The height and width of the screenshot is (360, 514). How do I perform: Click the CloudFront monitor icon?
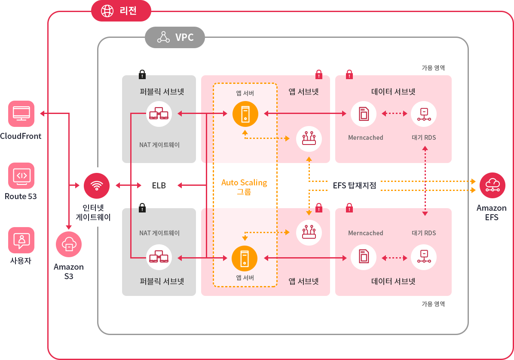(x=21, y=114)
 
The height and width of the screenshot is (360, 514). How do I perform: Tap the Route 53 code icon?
(x=21, y=175)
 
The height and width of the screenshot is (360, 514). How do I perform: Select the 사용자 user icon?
(x=21, y=240)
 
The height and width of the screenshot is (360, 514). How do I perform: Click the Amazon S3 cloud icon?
(x=69, y=244)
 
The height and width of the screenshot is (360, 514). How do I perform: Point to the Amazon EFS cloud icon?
(x=492, y=185)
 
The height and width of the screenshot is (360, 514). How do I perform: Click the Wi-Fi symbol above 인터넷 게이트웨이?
(x=97, y=185)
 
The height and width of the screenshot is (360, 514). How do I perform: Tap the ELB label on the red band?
(x=159, y=186)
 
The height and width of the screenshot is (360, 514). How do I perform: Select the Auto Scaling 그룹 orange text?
(x=244, y=187)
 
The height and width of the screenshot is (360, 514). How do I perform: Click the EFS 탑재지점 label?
(x=355, y=186)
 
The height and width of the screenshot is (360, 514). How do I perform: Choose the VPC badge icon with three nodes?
(x=163, y=37)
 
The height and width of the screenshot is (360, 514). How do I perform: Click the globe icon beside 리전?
(x=107, y=11)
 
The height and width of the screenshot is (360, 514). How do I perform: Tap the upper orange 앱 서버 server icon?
(x=245, y=114)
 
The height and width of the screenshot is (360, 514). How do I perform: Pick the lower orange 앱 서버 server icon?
(x=245, y=258)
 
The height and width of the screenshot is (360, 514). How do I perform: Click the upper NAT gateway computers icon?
(x=159, y=114)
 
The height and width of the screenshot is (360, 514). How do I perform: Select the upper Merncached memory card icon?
(x=364, y=114)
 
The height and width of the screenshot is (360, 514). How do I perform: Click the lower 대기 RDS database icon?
(x=424, y=257)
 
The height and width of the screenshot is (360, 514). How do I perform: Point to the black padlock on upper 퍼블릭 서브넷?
(x=142, y=74)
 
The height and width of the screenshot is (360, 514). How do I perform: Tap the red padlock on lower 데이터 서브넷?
(x=349, y=208)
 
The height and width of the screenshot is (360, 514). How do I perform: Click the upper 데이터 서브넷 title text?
(x=393, y=92)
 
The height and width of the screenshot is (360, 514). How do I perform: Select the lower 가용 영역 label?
(x=433, y=304)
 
